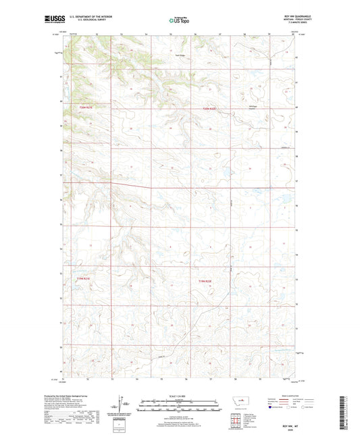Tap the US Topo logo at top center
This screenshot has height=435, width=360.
pyautogui.click(x=180, y=21)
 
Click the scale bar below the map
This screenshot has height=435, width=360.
pyautogui.click(x=180, y=405)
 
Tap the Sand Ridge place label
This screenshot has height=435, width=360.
pyautogui.click(x=180, y=55)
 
